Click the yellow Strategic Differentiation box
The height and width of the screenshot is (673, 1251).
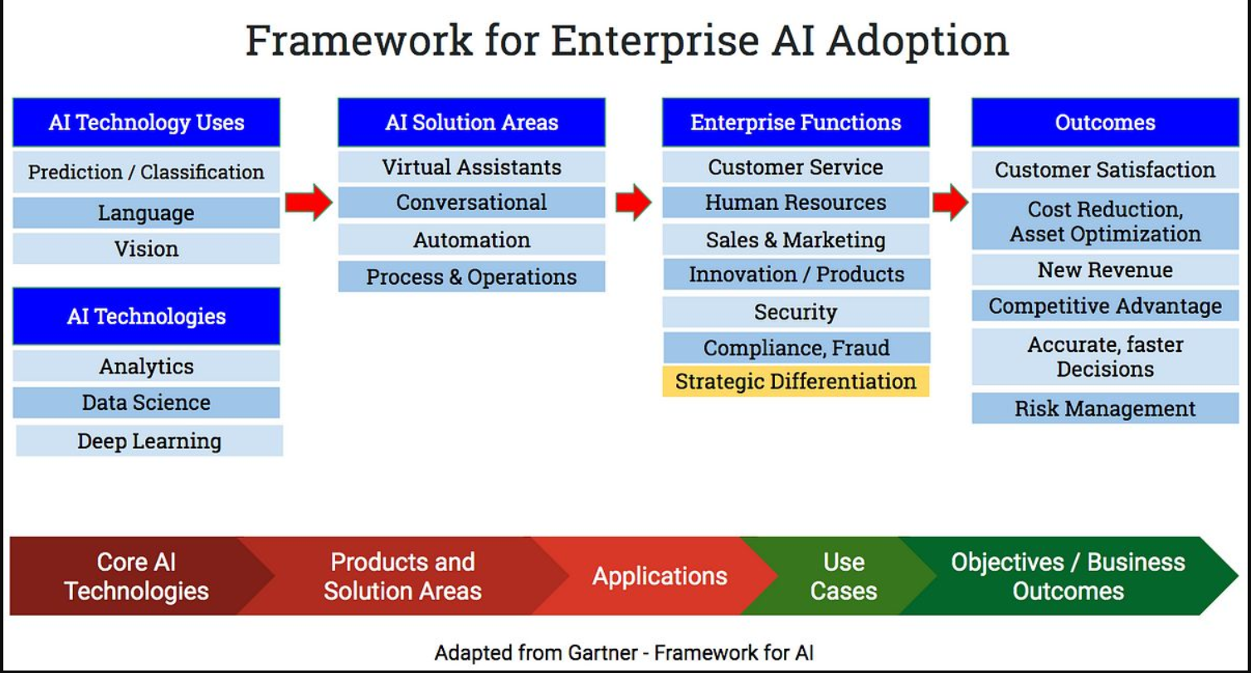pyautogui.click(x=796, y=382)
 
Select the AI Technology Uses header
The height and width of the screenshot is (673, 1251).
pyautogui.click(x=146, y=122)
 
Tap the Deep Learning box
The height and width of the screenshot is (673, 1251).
pyautogui.click(x=149, y=441)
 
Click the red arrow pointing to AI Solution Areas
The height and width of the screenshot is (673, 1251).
pyautogui.click(x=309, y=202)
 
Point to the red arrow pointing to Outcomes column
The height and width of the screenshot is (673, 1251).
pyautogui.click(x=950, y=202)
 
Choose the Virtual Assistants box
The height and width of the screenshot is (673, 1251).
pyautogui.click(x=471, y=167)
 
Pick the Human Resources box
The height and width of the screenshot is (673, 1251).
pyautogui.click(x=796, y=202)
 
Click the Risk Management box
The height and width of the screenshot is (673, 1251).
pyautogui.click(x=1105, y=408)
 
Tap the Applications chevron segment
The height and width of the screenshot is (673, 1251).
pyautogui.click(x=659, y=576)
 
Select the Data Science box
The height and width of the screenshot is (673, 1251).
pyautogui.click(x=146, y=402)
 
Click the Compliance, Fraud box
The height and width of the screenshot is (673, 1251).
pyautogui.click(x=796, y=348)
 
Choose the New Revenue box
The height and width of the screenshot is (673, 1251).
pyautogui.click(x=1105, y=270)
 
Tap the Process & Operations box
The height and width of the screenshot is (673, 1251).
pyautogui.click(x=471, y=276)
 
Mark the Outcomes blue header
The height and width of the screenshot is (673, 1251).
pyautogui.click(x=1105, y=122)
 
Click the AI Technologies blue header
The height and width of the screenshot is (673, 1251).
pyautogui.click(x=146, y=316)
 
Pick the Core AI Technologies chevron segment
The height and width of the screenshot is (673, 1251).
pyautogui.click(x=137, y=576)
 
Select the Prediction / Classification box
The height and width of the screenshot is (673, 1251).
pyautogui.click(x=146, y=172)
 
